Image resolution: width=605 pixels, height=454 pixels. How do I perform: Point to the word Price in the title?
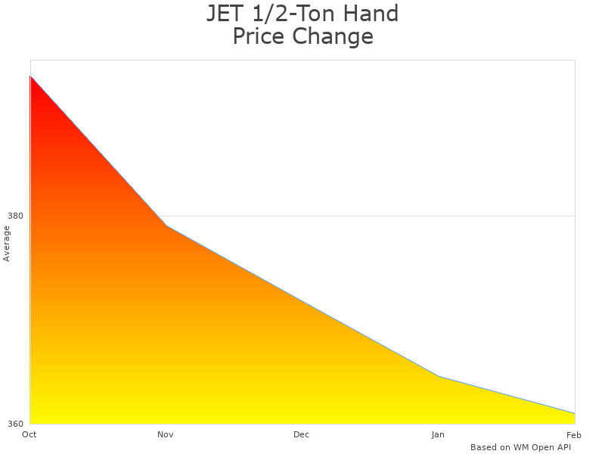(258, 36)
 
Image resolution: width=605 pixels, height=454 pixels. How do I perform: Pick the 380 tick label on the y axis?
(15, 216)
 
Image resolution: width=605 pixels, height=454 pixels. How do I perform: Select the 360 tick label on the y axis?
(15, 424)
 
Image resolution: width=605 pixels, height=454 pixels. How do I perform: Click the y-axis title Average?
(7, 244)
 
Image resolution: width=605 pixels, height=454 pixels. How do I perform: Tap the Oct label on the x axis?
(29, 434)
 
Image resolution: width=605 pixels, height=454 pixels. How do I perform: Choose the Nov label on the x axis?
(166, 434)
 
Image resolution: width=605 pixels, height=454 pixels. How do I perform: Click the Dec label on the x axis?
(302, 434)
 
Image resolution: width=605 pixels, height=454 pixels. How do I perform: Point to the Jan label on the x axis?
(438, 434)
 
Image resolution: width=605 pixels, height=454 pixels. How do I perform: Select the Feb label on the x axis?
(573, 434)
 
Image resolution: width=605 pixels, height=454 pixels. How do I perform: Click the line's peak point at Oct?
(30, 76)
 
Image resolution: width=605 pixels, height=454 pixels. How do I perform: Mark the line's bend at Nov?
(166, 225)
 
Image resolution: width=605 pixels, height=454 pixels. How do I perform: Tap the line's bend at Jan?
(439, 376)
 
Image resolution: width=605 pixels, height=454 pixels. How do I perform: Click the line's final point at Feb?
(575, 413)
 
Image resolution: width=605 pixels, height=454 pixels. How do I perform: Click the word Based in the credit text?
(483, 447)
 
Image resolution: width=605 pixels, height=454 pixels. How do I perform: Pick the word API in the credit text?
(564, 447)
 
